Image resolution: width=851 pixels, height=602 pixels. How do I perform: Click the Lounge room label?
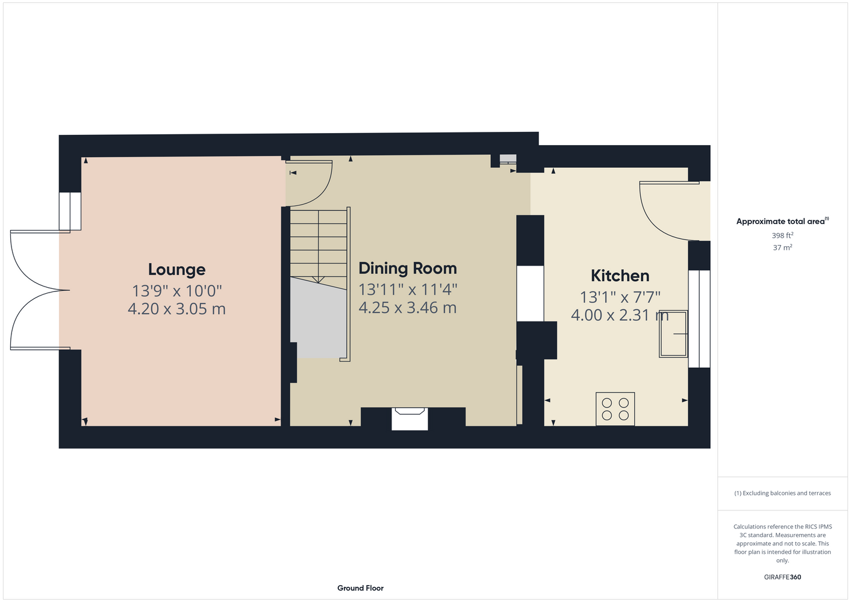click(176, 270)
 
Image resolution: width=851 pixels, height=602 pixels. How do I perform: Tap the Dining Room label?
click(408, 268)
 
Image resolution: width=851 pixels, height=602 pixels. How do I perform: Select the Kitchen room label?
click(620, 276)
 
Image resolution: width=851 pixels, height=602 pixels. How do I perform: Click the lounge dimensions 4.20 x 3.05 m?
click(176, 309)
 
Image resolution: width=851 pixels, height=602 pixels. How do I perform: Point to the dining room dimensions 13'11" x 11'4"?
click(408, 290)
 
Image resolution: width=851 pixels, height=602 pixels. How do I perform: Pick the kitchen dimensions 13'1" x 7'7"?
click(620, 297)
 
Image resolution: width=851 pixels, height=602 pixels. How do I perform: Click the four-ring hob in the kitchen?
click(615, 409)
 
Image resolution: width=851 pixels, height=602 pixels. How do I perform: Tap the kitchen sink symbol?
click(673, 334)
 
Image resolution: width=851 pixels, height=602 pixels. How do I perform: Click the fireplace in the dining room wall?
click(410, 418)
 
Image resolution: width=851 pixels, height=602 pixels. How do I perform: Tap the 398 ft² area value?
click(782, 235)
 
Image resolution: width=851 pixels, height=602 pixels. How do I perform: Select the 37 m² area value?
click(782, 247)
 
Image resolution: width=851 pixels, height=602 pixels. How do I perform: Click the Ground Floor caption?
click(360, 588)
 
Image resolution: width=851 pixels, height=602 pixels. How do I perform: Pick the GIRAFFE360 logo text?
click(782, 577)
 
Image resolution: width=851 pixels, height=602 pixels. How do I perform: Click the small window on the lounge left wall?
click(70, 211)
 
